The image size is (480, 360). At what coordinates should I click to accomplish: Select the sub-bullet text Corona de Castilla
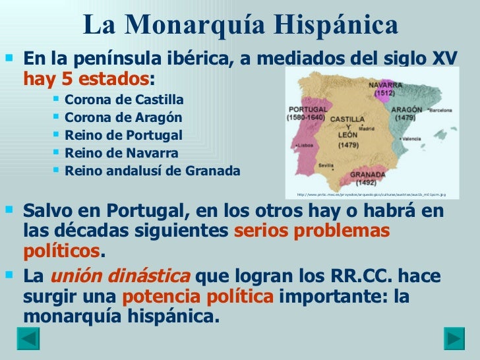click(125, 100)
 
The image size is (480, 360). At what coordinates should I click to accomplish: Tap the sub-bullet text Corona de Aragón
click(123, 118)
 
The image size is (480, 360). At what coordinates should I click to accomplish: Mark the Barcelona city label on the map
click(438, 111)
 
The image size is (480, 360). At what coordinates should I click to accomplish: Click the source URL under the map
click(371, 195)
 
